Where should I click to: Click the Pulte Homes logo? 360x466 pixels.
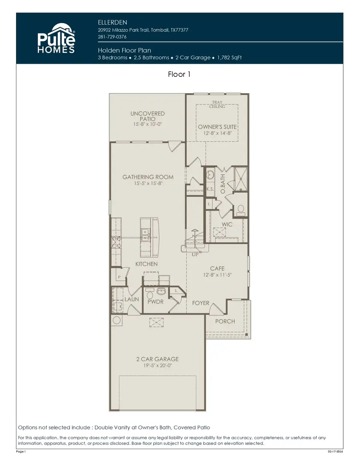coord(56,38)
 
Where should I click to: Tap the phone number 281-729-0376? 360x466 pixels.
coord(112,37)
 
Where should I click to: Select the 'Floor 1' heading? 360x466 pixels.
coord(180,74)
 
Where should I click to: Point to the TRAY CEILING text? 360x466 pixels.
coord(217,104)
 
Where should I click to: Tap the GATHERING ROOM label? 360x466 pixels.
coord(148,177)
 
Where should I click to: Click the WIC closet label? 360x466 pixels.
coord(227,224)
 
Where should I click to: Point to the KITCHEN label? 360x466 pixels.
coord(146,264)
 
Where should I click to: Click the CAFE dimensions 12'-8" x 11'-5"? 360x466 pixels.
coord(217,275)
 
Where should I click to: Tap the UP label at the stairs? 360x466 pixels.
coord(195,254)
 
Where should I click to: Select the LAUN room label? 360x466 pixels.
coord(132,299)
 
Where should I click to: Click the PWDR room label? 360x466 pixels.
coord(156,302)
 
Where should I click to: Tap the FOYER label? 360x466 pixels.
coord(200,303)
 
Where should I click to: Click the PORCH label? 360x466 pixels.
coord(225,321)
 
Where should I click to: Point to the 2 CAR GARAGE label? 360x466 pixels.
coord(157,359)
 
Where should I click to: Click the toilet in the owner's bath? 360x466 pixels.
coord(240,209)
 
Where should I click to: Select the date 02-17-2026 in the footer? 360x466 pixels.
coord(335,452)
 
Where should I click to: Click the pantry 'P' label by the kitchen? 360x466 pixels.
coord(119,277)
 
